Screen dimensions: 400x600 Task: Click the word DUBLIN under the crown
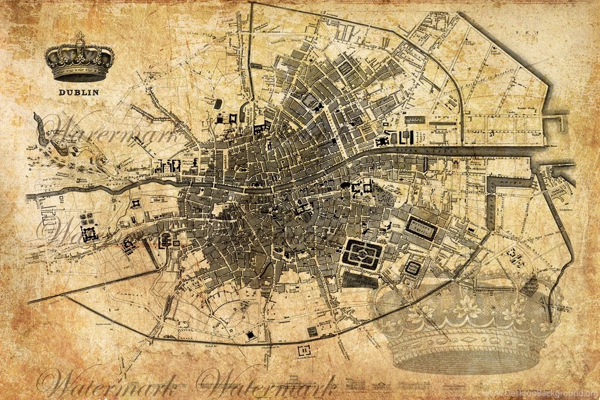click(x=79, y=92)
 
